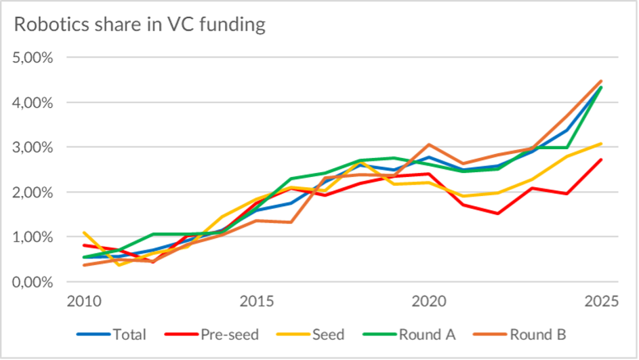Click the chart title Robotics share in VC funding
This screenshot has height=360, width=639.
pyautogui.click(x=140, y=25)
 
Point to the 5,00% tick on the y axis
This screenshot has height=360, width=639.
pyautogui.click(x=34, y=58)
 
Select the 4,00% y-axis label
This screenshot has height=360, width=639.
pyautogui.click(x=34, y=102)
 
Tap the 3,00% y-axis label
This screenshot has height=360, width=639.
pyautogui.click(x=34, y=147)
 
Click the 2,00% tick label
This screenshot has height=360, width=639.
pyautogui.click(x=34, y=192)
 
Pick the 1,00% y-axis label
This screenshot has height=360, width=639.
pyautogui.click(x=34, y=237)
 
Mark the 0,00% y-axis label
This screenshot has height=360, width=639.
pyautogui.click(x=34, y=281)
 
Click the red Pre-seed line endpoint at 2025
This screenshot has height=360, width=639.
pyautogui.click(x=600, y=160)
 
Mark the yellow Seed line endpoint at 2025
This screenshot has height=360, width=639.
pyautogui.click(x=600, y=144)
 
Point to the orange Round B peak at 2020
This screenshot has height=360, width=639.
pyautogui.click(x=429, y=144)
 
